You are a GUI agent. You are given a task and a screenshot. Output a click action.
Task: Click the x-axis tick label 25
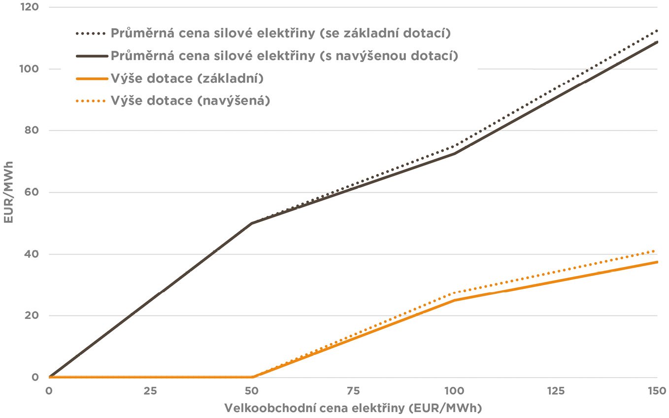click(x=150, y=391)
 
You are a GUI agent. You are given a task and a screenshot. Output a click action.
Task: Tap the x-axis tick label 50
click(x=252, y=391)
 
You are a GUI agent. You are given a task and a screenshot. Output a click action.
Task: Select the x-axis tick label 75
click(x=353, y=391)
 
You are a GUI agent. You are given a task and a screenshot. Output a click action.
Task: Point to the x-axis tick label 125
click(x=556, y=391)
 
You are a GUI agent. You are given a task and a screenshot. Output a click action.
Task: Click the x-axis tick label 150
click(x=657, y=391)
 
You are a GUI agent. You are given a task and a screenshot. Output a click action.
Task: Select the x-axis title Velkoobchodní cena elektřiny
click(x=353, y=408)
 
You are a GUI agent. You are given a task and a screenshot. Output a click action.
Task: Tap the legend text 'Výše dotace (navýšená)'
click(x=190, y=101)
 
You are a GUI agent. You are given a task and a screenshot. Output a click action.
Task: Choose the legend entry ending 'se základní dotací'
click(x=281, y=34)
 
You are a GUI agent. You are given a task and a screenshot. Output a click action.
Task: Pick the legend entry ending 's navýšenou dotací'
click(x=284, y=56)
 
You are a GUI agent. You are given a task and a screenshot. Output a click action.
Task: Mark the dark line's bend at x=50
click(x=252, y=223)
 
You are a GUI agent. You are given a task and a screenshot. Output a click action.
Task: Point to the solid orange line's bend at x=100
click(x=454, y=300)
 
